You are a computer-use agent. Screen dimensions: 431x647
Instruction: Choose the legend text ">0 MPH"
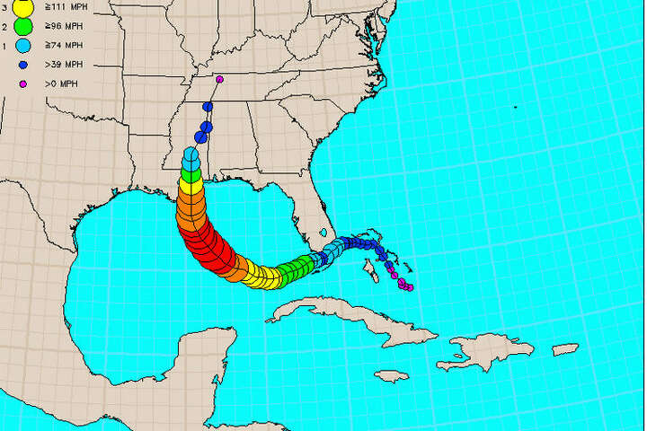[61, 84]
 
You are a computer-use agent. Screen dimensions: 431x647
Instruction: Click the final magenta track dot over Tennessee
[220, 79]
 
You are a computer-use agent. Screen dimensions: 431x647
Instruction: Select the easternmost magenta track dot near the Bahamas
[410, 288]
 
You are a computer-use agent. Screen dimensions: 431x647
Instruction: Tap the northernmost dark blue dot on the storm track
[208, 107]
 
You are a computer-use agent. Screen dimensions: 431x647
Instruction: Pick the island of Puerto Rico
[564, 349]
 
